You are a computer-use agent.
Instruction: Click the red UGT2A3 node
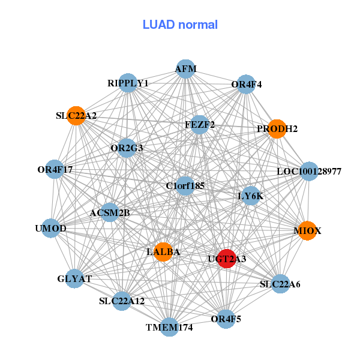pyautogui.click(x=226, y=258)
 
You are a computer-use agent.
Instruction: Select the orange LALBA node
pyautogui.click(x=163, y=251)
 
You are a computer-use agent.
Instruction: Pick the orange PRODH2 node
pyautogui.click(x=277, y=128)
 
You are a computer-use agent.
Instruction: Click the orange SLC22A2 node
pyautogui.click(x=76, y=115)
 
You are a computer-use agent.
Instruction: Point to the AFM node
pyautogui.click(x=185, y=69)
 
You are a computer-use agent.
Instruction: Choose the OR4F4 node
pyautogui.click(x=246, y=84)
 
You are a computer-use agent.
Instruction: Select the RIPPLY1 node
pyautogui.click(x=128, y=83)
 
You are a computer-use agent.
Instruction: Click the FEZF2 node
pyautogui.click(x=200, y=125)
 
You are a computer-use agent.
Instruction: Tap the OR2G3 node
pyautogui.click(x=126, y=148)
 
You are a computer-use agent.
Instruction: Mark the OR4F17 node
pyautogui.click(x=55, y=170)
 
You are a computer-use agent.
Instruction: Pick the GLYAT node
pyautogui.click(x=74, y=278)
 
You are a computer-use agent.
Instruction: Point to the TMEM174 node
pyautogui.click(x=170, y=327)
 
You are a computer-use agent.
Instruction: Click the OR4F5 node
pyautogui.click(x=226, y=319)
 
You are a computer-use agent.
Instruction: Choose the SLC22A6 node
pyautogui.click(x=280, y=284)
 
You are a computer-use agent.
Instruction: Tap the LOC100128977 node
pyautogui.click(x=309, y=172)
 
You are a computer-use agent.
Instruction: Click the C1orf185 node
pyautogui.click(x=185, y=186)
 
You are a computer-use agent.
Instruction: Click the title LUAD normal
pyautogui.click(x=180, y=25)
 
